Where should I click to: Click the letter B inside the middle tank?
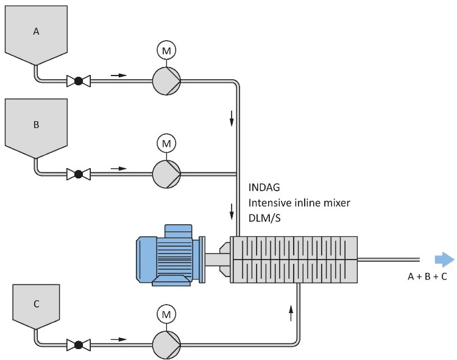click(35, 124)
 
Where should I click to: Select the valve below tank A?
click(78, 80)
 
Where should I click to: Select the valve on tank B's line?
click(78, 174)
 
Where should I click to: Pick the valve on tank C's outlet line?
click(78, 345)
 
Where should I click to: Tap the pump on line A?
click(166, 80)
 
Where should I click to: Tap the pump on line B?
click(166, 174)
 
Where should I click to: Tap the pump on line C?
click(166, 345)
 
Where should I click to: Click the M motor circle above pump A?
click(166, 49)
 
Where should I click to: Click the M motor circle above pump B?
click(166, 143)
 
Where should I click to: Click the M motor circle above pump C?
click(166, 314)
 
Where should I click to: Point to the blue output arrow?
click(445, 259)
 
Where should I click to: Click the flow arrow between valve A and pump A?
click(119, 76)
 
